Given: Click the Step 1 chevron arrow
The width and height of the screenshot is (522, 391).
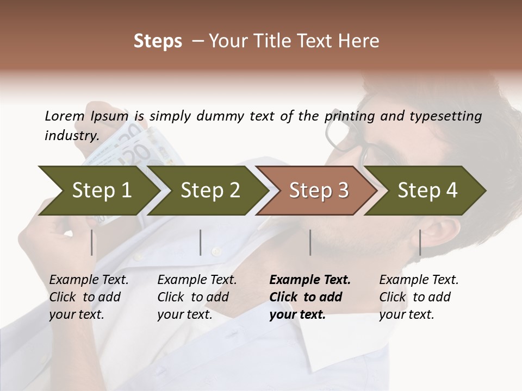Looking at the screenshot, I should tap(101, 191).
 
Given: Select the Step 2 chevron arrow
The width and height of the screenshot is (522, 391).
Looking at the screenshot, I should tap(210, 191).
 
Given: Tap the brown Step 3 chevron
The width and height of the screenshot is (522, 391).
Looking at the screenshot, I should tap(319, 191).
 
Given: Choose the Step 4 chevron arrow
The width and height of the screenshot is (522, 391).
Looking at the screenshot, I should tap(427, 191).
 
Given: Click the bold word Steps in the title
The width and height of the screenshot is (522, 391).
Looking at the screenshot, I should tap(158, 41).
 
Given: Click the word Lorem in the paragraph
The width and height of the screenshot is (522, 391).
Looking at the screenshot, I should tap(65, 116).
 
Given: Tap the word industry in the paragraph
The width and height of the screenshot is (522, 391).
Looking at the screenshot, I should tap(71, 136).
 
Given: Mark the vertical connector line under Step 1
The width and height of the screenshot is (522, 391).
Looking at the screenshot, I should tap(91, 242).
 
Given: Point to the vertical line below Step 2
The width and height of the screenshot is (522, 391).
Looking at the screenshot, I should tap(201, 242).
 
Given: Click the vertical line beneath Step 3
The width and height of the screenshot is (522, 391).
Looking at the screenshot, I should tap(310, 242).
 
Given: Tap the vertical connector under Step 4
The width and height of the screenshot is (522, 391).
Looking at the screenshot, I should tap(420, 242).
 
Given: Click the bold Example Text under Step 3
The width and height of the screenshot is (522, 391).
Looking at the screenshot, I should tap(310, 280).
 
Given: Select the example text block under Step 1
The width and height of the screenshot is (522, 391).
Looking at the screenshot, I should tap(89, 297).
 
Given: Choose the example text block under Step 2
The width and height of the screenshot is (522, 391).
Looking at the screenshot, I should tap(197, 297).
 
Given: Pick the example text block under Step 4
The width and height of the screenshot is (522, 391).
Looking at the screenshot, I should tap(419, 297).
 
